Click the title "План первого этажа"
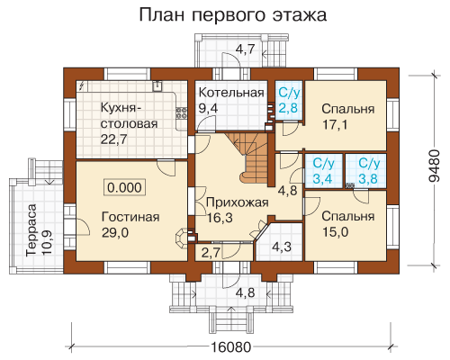233,15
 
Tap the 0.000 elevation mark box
124,187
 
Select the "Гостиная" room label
130,217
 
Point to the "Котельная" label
231,93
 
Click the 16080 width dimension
230,347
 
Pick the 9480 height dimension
434,166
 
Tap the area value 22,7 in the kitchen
114,139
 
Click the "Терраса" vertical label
31,230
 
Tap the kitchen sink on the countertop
157,85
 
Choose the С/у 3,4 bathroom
323,171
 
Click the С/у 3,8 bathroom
365,171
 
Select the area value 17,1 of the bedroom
335,124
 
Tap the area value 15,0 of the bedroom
336,232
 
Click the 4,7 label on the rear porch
245,49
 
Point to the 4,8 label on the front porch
245,292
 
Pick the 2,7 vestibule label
211,254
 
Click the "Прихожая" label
238,202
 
